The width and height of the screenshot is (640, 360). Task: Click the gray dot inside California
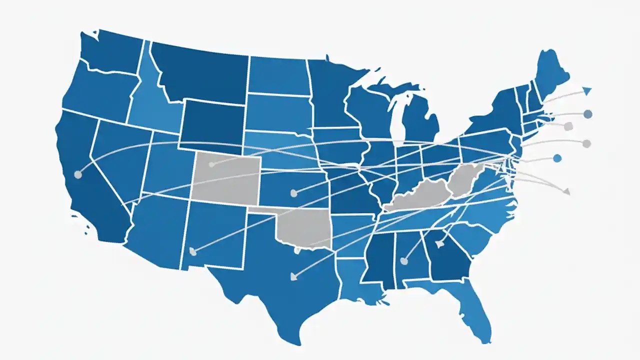(x=77, y=174)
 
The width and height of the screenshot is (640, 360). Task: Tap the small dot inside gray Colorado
(x=211, y=164)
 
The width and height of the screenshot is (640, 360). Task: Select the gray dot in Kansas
(x=293, y=192)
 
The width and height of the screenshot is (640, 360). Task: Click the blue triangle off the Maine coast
(x=587, y=90)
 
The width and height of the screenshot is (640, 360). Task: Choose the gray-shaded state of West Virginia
(x=465, y=180)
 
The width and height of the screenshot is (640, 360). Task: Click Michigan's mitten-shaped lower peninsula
(x=420, y=120)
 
